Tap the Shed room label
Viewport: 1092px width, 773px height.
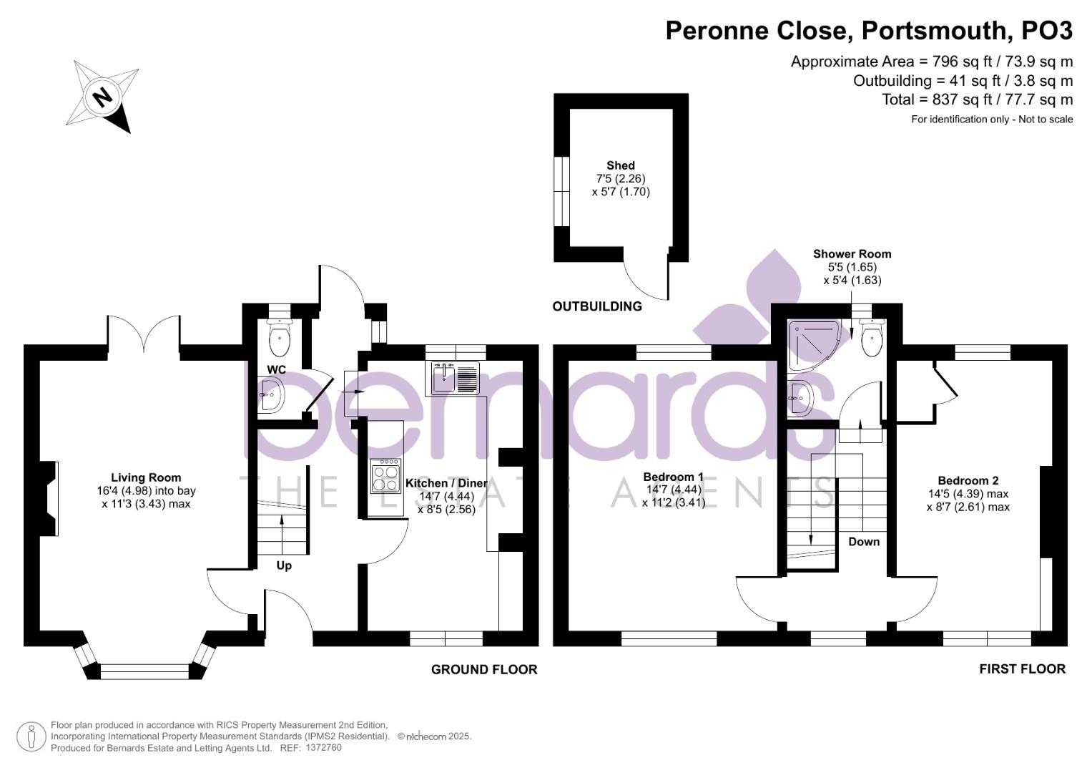(620, 165)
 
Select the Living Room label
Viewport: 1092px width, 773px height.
(146, 477)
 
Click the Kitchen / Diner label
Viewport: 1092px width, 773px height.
(446, 483)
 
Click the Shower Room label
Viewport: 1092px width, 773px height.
(852, 253)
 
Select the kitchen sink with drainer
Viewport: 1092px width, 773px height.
(456, 378)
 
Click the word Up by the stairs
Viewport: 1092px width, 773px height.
(284, 565)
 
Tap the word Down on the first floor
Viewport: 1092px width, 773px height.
(864, 541)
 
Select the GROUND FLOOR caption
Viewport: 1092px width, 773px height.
(483, 669)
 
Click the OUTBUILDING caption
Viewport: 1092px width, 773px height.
(597, 306)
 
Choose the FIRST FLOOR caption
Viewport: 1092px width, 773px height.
(1022, 669)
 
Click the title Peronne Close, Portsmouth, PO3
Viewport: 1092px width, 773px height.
(869, 31)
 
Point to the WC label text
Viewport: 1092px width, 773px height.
(276, 369)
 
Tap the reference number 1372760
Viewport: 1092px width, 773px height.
(323, 748)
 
